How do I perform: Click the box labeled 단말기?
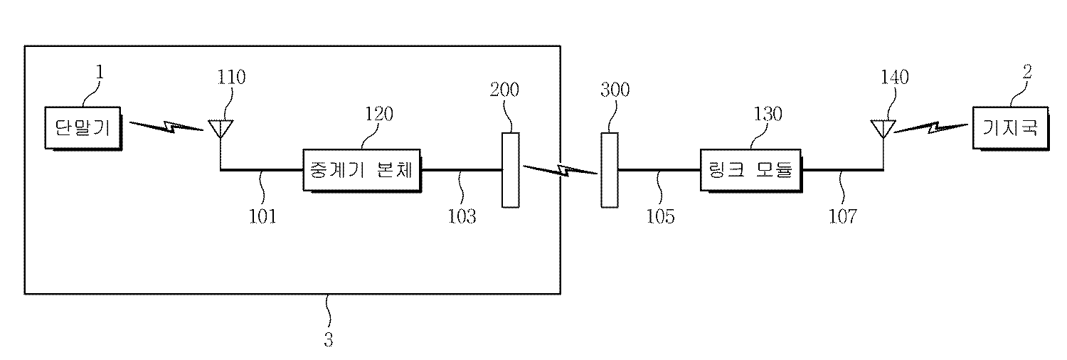pyautogui.click(x=83, y=128)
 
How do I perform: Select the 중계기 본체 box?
pyautogui.click(x=361, y=170)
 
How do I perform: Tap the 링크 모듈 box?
pyautogui.click(x=750, y=171)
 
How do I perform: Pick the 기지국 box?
pyautogui.click(x=1009, y=128)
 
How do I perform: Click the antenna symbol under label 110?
pyautogui.click(x=221, y=129)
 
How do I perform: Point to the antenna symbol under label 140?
pyautogui.click(x=883, y=129)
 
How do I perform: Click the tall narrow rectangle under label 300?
pyautogui.click(x=609, y=169)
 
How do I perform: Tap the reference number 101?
pyautogui.click(x=262, y=216)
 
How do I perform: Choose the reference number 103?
pyautogui.click(x=462, y=216)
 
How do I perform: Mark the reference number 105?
pyautogui.click(x=660, y=216)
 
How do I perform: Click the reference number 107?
pyautogui.click(x=844, y=216)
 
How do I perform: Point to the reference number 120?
pyautogui.click(x=379, y=114)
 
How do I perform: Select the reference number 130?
pyautogui.click(x=768, y=114)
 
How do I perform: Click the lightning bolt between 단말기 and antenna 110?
pyautogui.click(x=166, y=128)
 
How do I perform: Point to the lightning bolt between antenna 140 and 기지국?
pyautogui.click(x=932, y=128)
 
